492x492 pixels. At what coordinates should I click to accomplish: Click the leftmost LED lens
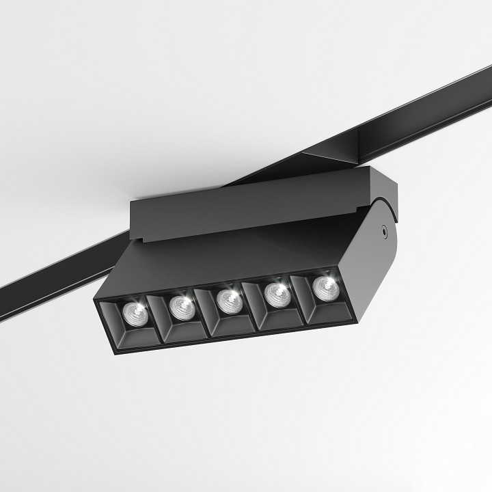point(135,313)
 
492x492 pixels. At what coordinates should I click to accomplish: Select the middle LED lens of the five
point(229,299)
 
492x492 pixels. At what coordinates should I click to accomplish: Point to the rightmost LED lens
point(324,287)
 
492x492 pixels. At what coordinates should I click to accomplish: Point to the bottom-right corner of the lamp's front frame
point(355,319)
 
